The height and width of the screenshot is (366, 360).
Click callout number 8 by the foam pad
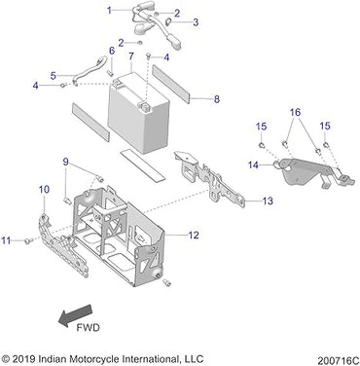(216, 98)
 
